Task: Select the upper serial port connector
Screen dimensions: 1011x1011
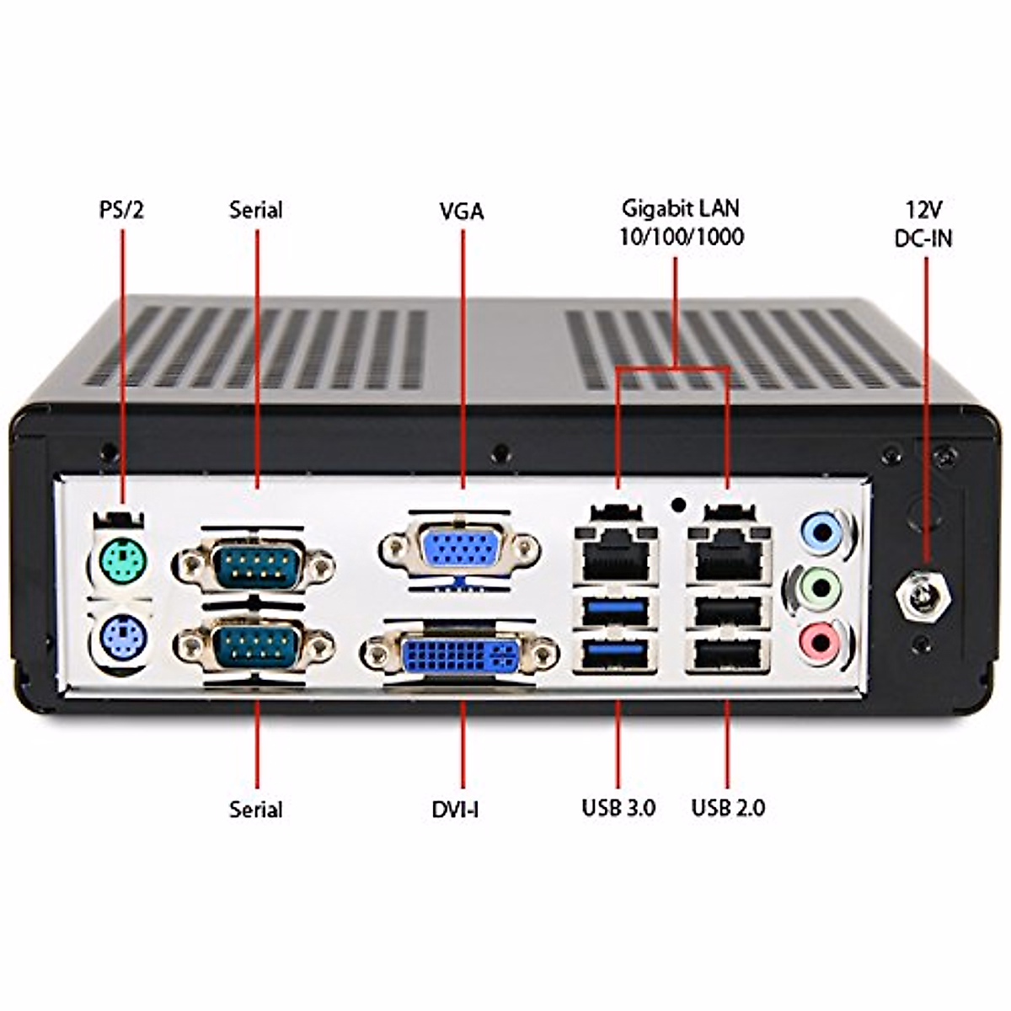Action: click(254, 564)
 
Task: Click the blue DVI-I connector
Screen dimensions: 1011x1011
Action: click(461, 655)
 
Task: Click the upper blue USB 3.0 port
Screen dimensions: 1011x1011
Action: click(616, 610)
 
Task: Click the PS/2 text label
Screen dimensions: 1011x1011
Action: click(121, 210)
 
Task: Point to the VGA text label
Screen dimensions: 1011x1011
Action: click(462, 211)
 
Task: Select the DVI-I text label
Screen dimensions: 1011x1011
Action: click(456, 810)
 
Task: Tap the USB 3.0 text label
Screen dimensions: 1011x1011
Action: click(618, 807)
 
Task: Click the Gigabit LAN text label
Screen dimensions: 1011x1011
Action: click(681, 208)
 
